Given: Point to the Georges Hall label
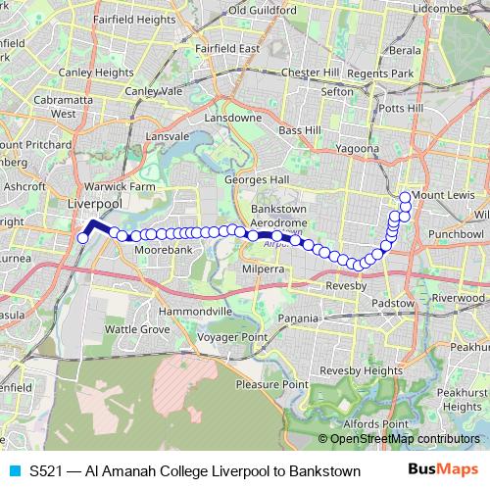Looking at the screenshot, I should (x=257, y=180).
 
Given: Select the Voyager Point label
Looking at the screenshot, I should (x=234, y=337).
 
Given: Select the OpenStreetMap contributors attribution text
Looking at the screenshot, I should (x=404, y=439).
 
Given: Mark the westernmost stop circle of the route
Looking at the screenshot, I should (x=83, y=238).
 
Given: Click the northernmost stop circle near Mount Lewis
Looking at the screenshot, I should (x=405, y=195).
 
